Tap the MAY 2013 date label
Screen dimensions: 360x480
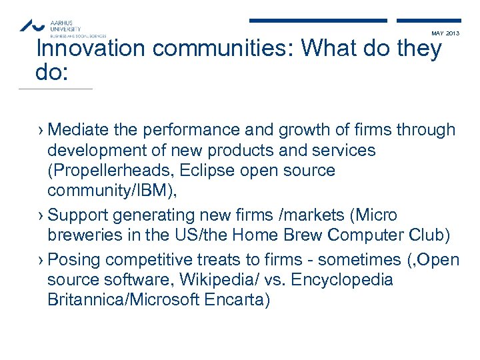pyautogui.click(x=445, y=33)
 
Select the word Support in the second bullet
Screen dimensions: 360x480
pyautogui.click(x=78, y=216)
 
